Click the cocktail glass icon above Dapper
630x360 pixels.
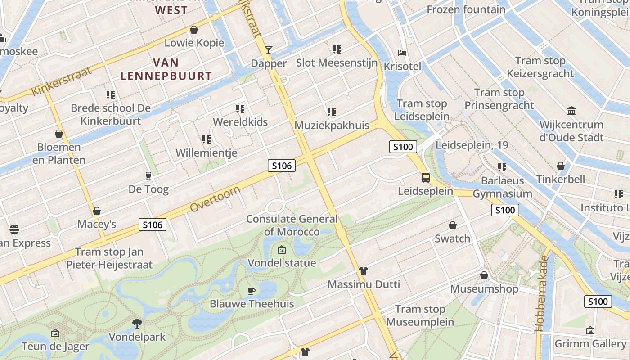pyautogui.click(x=269, y=49)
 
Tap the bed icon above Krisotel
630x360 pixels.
pyautogui.click(x=402, y=53)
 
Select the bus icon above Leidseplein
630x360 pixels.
pyautogui.click(x=426, y=177)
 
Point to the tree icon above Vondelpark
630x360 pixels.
pyautogui.click(x=137, y=323)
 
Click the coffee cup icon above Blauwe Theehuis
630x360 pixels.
pyautogui.click(x=252, y=290)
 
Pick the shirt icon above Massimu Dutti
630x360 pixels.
pyautogui.click(x=364, y=270)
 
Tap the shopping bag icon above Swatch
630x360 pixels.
pyautogui.click(x=453, y=225)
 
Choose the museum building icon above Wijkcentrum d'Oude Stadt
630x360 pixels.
pyautogui.click(x=571, y=111)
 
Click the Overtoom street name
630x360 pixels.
pyautogui.click(x=215, y=199)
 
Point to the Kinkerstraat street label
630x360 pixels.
pyautogui.click(x=62, y=81)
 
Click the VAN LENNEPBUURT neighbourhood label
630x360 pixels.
pyautogui.click(x=166, y=69)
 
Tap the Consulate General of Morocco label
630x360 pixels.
pyautogui.click(x=292, y=225)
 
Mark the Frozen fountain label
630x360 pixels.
pyautogui.click(x=466, y=9)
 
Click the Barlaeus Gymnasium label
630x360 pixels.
pyautogui.click(x=502, y=187)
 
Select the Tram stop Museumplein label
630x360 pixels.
pyautogui.click(x=420, y=315)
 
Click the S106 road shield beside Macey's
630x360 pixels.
pyautogui.click(x=153, y=224)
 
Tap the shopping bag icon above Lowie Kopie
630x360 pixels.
pyautogui.click(x=194, y=30)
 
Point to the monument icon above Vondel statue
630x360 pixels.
pyautogui.click(x=282, y=249)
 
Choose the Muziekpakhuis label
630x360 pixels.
pyautogui.click(x=332, y=126)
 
